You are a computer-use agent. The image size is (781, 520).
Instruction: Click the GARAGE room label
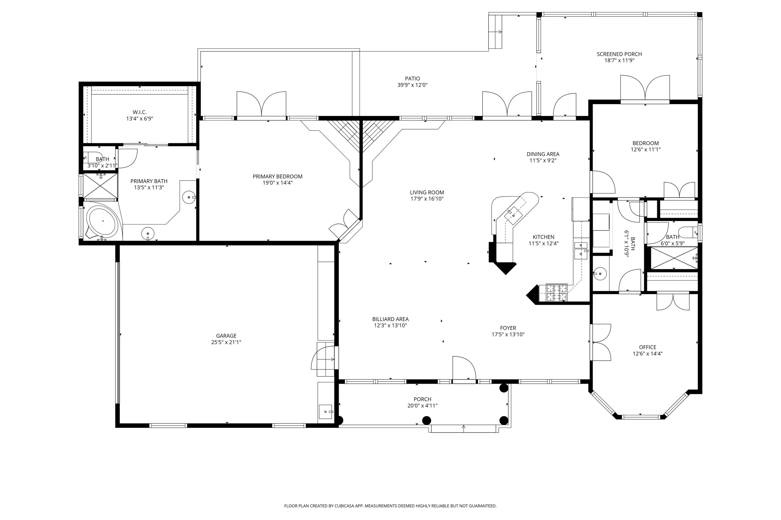click(x=226, y=336)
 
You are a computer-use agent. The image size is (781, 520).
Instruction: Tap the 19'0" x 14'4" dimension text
click(x=277, y=183)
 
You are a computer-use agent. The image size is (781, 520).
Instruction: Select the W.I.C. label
click(x=140, y=112)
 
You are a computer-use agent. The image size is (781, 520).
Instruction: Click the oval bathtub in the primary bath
click(x=102, y=221)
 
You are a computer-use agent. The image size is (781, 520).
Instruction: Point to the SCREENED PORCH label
click(x=619, y=54)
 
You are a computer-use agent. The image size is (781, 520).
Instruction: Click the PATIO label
click(x=412, y=79)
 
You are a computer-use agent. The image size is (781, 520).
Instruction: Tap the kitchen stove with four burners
click(x=557, y=292)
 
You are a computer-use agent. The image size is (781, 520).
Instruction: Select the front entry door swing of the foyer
click(x=464, y=368)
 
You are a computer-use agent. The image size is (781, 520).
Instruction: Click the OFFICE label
click(x=647, y=347)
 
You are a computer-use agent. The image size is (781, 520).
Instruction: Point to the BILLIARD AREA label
click(x=390, y=319)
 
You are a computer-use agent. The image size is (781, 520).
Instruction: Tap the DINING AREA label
click(x=543, y=154)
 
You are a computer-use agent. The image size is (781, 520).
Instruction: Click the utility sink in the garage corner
click(x=326, y=412)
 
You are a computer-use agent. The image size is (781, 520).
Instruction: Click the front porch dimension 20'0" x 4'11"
click(x=422, y=406)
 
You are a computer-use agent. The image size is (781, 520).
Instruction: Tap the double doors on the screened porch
click(x=645, y=88)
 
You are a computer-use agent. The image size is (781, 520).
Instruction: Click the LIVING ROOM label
click(x=427, y=192)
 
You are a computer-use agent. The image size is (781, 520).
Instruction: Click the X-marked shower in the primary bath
click(x=100, y=186)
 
